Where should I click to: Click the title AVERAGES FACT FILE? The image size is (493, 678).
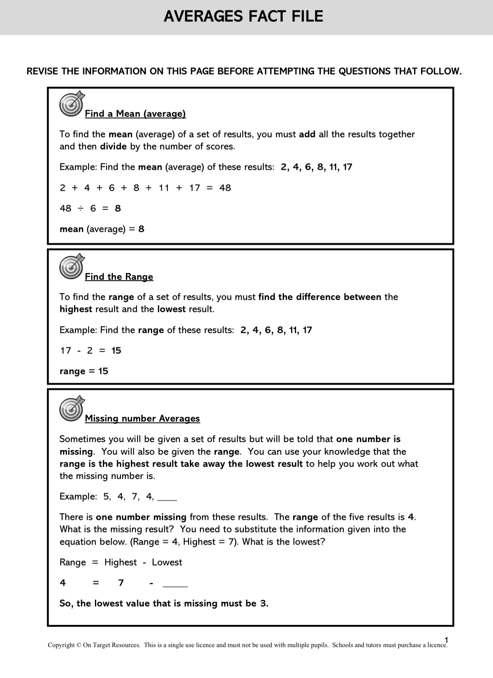(243, 17)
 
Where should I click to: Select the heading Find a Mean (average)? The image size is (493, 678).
(135, 114)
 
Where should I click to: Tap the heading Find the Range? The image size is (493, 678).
(119, 277)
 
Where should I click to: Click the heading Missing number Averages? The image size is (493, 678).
(142, 419)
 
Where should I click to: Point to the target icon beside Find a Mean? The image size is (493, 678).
(72, 103)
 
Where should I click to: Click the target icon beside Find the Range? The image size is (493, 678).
(72, 266)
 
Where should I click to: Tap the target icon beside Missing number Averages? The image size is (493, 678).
(72, 408)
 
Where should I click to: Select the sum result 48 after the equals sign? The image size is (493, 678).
(225, 188)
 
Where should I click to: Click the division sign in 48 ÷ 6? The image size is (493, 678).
(78, 208)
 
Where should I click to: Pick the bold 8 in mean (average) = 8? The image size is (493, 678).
(141, 229)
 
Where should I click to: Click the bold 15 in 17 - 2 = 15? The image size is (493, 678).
(116, 351)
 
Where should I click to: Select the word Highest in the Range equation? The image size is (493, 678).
(120, 563)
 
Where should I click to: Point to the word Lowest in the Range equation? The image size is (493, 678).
(167, 563)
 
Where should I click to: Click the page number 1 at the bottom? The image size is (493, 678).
(447, 640)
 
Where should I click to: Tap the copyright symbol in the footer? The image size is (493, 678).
(79, 645)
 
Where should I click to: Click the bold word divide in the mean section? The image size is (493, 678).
(113, 146)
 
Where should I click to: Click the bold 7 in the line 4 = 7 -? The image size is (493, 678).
(121, 583)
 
